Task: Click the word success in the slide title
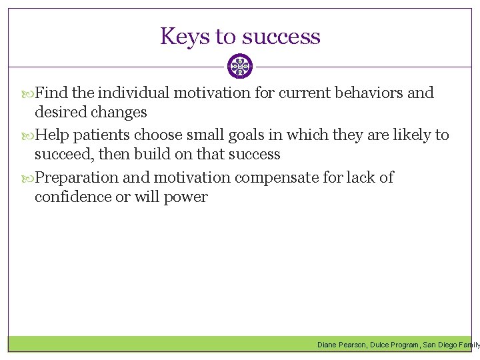[x=282, y=36]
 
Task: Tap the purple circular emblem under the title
[x=240, y=67]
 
